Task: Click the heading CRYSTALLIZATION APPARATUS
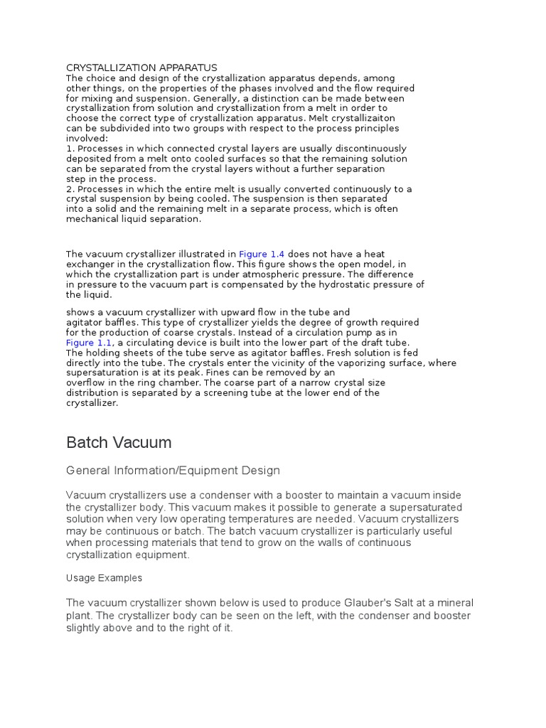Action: [x=141, y=68]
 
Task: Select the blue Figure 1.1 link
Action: [x=89, y=342]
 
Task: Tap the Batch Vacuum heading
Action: [x=119, y=442]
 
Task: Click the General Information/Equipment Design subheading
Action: [x=173, y=471]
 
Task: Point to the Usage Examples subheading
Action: [x=104, y=578]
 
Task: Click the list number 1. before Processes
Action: [x=70, y=149]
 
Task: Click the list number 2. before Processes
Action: [x=70, y=189]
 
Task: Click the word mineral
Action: [x=454, y=603]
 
